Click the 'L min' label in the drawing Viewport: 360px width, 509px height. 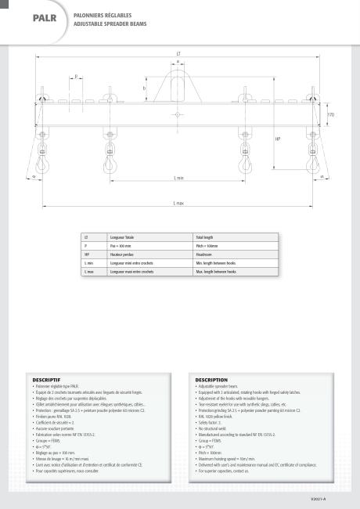click(179, 179)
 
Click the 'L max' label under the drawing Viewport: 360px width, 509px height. click(179, 203)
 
